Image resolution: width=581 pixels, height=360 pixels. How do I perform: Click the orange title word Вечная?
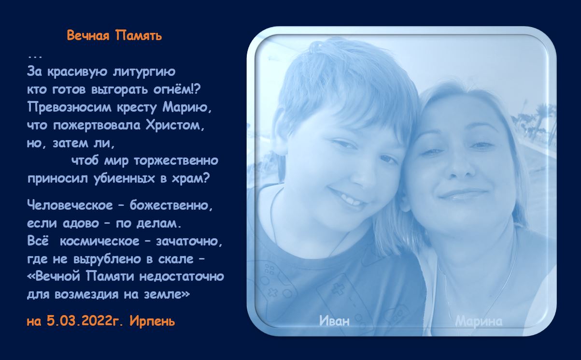(x=88, y=35)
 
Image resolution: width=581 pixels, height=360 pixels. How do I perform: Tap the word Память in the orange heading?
(x=139, y=35)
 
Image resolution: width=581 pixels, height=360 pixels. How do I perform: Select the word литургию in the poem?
(x=144, y=72)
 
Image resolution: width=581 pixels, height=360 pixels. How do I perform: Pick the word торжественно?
(x=176, y=161)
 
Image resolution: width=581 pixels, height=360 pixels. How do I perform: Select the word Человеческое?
(x=70, y=205)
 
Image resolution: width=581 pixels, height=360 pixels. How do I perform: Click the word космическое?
(x=99, y=242)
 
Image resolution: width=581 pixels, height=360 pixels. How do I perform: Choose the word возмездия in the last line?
(x=87, y=295)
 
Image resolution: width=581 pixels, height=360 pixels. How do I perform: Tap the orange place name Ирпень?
(x=152, y=321)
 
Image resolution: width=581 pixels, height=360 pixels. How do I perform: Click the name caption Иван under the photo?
(x=334, y=321)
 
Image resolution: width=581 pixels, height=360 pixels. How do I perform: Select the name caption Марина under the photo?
(x=479, y=322)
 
